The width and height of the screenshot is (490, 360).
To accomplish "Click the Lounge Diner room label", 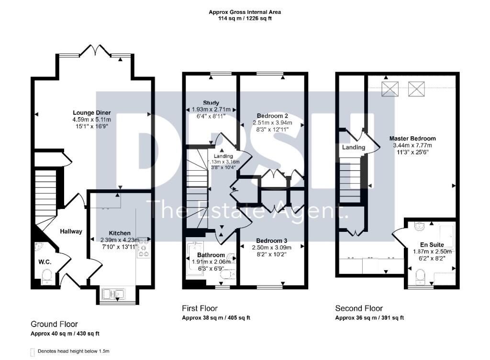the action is click(91, 113).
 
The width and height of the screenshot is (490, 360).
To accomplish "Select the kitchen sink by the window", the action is click(114, 294).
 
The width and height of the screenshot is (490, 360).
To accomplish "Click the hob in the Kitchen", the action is click(144, 247).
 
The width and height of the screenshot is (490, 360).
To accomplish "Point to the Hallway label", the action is click(71, 231).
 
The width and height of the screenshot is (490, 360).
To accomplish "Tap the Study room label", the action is click(211, 103).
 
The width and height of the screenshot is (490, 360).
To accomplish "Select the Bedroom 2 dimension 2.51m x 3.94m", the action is click(272, 123).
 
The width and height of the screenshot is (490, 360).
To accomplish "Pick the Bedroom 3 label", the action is click(272, 241).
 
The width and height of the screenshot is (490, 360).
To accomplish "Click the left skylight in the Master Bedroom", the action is click(390, 89).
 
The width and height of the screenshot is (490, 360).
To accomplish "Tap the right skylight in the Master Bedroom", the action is click(416, 89).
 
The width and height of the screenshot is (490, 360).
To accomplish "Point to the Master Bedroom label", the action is click(412, 138).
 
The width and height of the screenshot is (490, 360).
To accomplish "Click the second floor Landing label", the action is click(354, 147).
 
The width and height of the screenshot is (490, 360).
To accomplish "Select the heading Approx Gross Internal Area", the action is click(245, 12).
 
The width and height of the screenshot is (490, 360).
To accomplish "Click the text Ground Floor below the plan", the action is click(54, 324).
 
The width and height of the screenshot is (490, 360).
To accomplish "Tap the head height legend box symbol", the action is click(32, 352).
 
